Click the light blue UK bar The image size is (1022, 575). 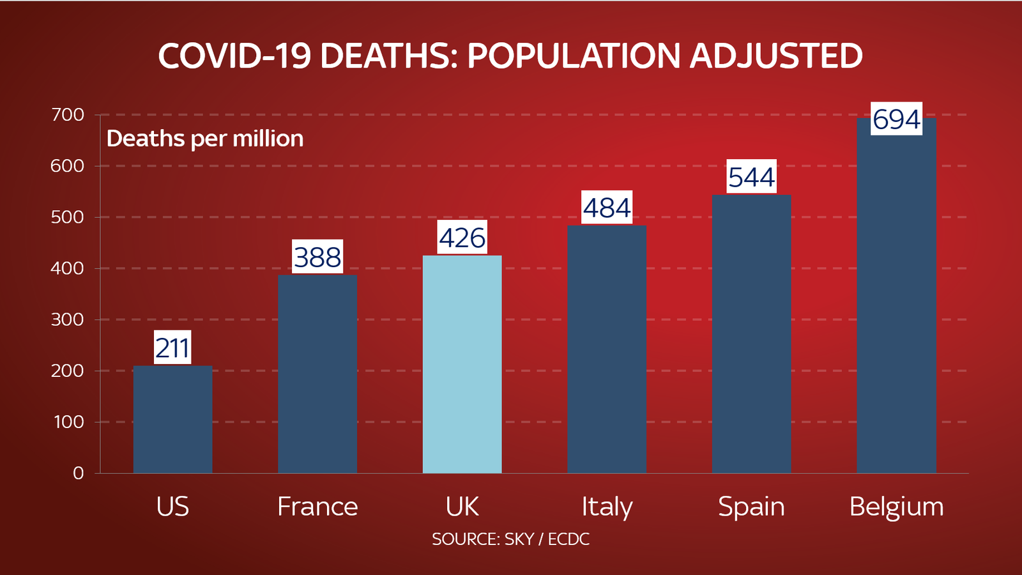pos(462,364)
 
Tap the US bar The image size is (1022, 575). pos(172,419)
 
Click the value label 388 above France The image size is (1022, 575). pos(317,257)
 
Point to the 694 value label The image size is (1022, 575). pos(896,119)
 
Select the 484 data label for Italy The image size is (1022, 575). pos(607,208)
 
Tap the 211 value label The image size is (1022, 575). pos(172,348)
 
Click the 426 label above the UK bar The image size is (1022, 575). pos(462,238)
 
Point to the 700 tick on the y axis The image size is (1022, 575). pos(68,115)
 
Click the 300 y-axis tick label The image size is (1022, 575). pos(68,319)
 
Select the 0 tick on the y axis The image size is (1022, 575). pos(78,473)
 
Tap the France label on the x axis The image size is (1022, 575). pos(317,507)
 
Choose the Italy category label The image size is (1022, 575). pos(607,507)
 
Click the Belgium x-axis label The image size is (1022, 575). pos(896,507)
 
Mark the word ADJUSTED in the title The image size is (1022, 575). pos(776,56)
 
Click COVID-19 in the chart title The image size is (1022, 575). pos(234,56)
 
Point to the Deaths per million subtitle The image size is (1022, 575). pos(205,139)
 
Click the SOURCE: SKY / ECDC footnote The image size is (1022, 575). pos(510,539)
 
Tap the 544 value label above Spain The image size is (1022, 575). pos(751,177)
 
